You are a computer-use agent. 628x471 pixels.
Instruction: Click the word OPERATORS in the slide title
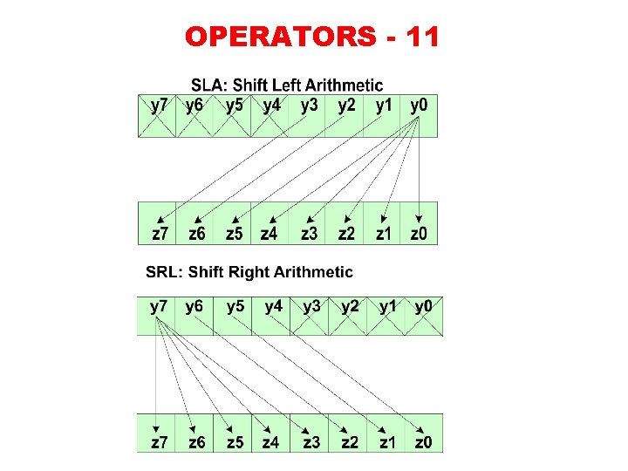[279, 37]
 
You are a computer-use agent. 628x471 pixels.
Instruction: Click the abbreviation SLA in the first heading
[206, 85]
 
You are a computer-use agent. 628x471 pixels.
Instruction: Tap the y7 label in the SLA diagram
[160, 106]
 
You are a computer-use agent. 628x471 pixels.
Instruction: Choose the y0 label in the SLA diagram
[419, 106]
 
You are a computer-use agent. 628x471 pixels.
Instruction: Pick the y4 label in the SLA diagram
[272, 106]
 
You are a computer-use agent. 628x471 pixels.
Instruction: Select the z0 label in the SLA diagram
[419, 234]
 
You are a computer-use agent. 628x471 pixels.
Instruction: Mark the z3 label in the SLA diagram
[309, 234]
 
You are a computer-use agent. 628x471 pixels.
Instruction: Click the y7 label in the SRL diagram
[159, 306]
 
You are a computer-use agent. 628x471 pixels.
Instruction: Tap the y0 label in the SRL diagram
[424, 306]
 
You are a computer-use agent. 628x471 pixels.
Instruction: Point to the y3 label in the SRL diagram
[311, 306]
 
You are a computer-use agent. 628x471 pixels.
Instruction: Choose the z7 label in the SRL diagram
[159, 443]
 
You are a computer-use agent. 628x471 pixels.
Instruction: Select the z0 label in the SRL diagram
[424, 443]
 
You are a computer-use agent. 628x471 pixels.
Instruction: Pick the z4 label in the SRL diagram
[271, 443]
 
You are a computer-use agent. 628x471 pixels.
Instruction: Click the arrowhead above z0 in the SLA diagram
[420, 218]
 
